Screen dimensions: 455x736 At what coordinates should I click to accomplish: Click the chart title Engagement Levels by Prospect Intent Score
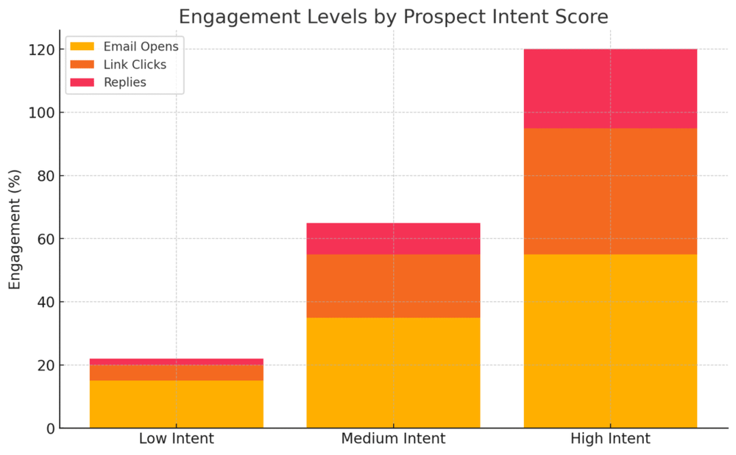[393, 16]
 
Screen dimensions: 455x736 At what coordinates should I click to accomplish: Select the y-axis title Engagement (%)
[15, 229]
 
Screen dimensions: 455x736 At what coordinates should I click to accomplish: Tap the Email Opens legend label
[141, 47]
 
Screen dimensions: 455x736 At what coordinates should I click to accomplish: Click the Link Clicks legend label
[135, 65]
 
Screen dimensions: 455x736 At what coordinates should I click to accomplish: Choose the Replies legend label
[124, 82]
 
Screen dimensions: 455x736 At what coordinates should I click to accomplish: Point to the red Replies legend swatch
[82, 82]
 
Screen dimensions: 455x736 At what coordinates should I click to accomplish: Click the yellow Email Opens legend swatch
[82, 47]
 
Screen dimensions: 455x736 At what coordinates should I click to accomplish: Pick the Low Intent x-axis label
[176, 440]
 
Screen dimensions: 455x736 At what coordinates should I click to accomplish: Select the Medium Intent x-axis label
[393, 440]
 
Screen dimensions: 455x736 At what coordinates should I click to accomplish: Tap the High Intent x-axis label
[610, 440]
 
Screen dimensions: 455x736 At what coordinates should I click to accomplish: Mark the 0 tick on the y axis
[49, 429]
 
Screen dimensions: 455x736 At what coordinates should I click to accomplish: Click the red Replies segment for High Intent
[610, 89]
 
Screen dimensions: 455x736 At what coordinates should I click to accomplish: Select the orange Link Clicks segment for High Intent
[610, 191]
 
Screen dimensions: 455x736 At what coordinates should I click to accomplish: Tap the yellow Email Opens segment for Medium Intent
[393, 373]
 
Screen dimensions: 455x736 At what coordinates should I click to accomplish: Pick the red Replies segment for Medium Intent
[393, 239]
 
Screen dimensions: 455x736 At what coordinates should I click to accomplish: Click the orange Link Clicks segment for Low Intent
[176, 373]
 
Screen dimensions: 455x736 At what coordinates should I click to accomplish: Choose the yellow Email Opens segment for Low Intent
[176, 404]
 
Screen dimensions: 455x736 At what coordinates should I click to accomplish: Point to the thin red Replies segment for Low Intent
[176, 362]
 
